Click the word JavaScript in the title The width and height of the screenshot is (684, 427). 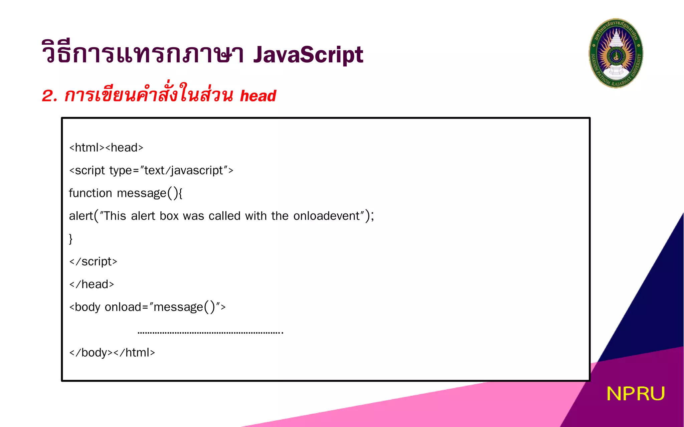coord(308,55)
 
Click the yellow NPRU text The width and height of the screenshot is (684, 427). coord(635,394)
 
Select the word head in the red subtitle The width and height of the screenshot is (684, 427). coord(258,96)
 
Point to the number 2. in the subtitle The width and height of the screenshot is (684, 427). coord(50,96)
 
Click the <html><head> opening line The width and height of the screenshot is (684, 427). coord(106,147)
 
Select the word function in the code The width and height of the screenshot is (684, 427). coord(90,193)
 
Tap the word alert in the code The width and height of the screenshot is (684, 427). coord(81,216)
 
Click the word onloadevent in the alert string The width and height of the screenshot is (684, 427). coord(326,216)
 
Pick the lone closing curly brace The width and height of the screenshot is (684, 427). coord(71,239)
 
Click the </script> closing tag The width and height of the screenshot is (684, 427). coord(93,262)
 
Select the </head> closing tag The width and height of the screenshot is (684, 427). coord(92,284)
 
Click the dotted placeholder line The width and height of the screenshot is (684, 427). coord(210,332)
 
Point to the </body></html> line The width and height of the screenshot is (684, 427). coord(112,353)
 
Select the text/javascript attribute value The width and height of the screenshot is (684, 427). coord(183,170)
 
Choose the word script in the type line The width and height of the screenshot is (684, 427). coord(90,170)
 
